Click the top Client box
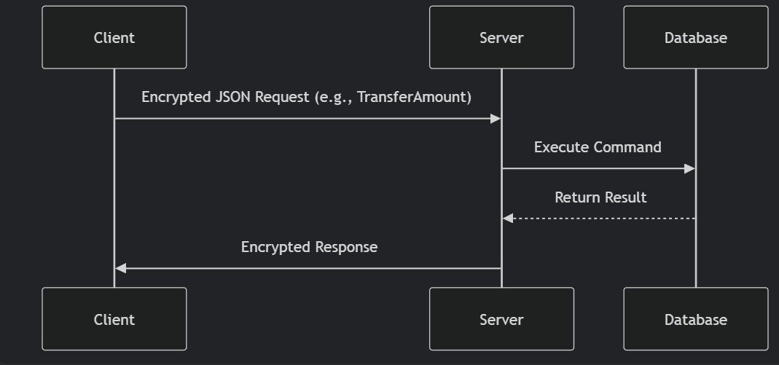tap(114, 37)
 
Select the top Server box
tap(501, 37)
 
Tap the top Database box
tap(695, 37)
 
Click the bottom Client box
tap(114, 319)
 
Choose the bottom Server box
tap(501, 319)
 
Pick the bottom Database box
tap(695, 319)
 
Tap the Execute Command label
tap(598, 147)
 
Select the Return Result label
tap(600, 197)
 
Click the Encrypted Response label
tap(309, 247)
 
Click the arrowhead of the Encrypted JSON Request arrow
tap(496, 119)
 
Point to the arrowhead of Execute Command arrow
tap(689, 169)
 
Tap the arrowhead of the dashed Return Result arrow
tap(508, 219)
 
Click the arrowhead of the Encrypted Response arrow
tap(121, 269)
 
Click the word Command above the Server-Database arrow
tap(629, 147)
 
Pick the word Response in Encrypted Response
tap(345, 247)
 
